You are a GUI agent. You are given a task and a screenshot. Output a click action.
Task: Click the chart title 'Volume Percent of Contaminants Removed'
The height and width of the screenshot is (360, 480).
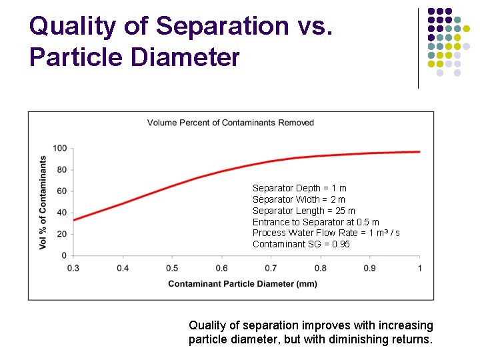[230, 123]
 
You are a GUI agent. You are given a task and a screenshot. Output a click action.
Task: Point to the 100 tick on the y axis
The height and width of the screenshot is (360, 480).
[60, 148]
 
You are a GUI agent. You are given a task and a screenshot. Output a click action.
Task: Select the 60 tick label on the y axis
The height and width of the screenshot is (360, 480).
[62, 191]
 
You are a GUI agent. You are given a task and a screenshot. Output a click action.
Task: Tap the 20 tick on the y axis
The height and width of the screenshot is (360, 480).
[62, 234]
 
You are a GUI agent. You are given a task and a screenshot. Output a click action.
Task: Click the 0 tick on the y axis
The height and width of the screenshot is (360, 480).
[64, 255]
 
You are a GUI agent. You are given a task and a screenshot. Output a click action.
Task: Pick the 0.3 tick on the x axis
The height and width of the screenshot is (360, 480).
[73, 268]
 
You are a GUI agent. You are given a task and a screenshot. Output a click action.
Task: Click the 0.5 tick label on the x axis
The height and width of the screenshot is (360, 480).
[172, 268]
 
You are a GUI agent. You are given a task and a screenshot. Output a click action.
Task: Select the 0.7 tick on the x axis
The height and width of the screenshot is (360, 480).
[271, 268]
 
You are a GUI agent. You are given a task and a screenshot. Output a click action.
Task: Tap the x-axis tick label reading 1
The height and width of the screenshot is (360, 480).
[419, 268]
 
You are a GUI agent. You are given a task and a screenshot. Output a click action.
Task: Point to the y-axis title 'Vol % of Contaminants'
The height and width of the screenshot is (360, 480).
[43, 202]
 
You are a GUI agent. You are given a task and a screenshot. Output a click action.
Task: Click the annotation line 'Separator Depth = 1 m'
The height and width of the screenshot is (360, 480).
[299, 188]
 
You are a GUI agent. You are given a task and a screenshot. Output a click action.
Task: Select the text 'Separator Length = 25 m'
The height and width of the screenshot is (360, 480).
[303, 211]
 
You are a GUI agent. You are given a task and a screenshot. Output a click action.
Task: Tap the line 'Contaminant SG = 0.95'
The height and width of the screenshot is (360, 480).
[301, 244]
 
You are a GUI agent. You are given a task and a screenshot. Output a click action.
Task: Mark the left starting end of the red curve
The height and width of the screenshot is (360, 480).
[74, 220]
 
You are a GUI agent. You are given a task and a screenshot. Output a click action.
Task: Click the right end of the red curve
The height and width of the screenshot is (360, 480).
[419, 152]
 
